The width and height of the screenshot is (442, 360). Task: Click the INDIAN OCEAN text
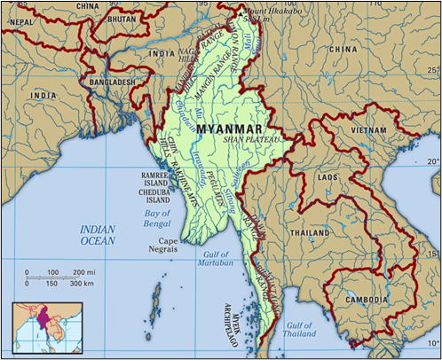[x=98, y=234]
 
